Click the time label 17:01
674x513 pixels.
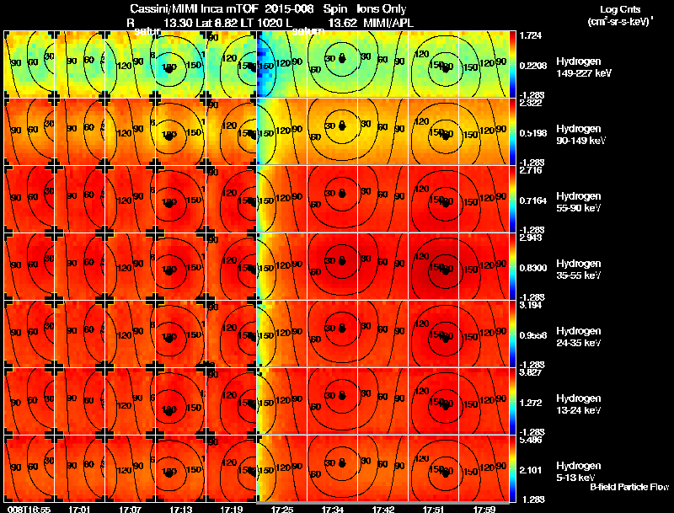pos(80,509)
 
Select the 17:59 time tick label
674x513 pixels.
pos(482,509)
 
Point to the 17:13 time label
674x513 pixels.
pos(180,509)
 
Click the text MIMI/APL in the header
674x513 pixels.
pos(386,24)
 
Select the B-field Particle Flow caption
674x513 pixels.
pos(629,488)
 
